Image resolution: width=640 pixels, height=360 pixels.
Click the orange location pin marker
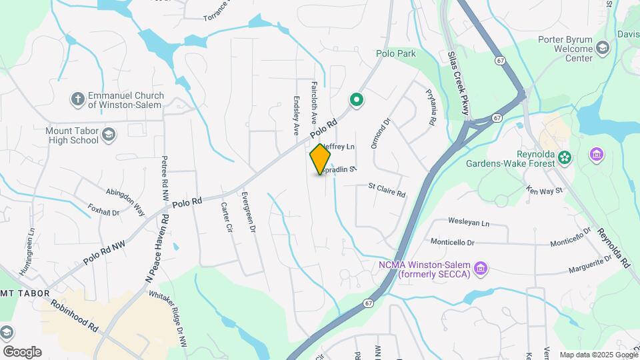click(321, 159)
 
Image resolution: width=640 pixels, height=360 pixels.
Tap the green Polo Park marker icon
click(357, 100)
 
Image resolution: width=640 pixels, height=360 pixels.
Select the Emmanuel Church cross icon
click(77, 99)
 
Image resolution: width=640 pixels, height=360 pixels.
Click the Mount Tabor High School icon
click(109, 137)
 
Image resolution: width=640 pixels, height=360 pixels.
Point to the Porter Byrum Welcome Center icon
click(603, 47)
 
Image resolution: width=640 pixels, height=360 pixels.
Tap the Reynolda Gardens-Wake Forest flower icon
click(565, 157)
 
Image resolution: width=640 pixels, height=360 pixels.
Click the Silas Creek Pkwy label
click(458, 86)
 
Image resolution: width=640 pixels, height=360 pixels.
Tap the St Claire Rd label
click(387, 191)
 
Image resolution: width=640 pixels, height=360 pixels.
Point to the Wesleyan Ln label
click(469, 223)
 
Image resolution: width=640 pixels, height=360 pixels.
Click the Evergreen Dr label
click(248, 211)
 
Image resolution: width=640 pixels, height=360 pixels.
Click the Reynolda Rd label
click(613, 247)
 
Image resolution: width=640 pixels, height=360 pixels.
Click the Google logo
click(21, 351)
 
